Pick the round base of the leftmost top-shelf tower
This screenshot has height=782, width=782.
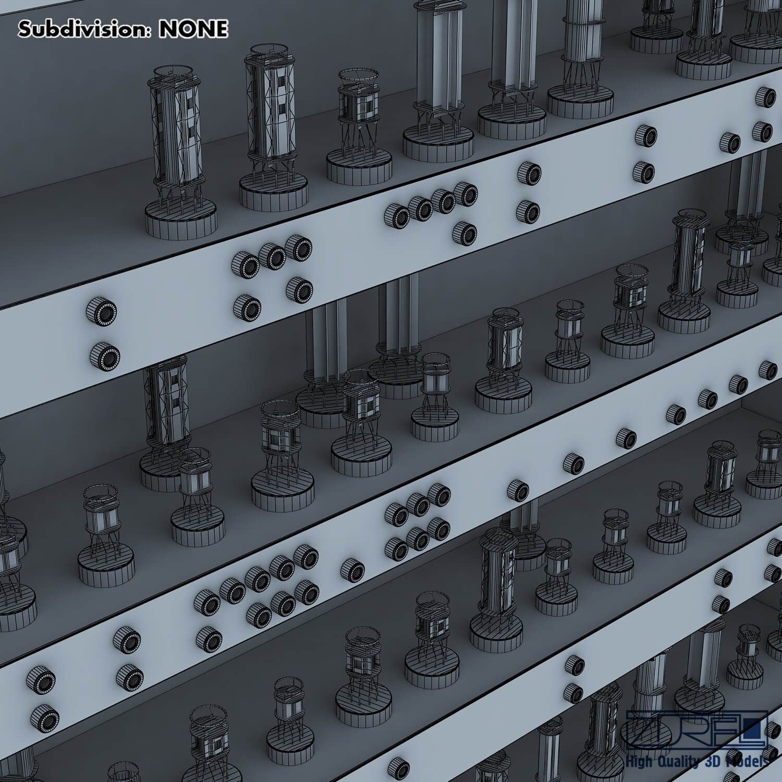(180, 218)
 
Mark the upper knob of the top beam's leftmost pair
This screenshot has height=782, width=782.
(102, 312)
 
